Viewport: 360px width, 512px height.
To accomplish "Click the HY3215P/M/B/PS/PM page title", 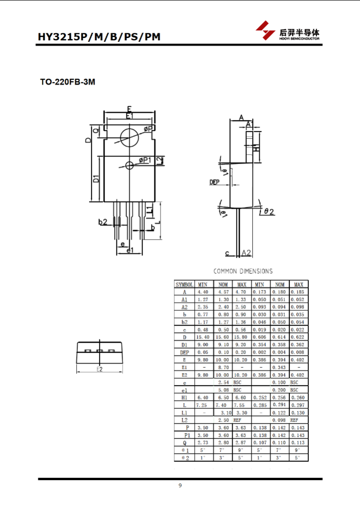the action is (99, 37).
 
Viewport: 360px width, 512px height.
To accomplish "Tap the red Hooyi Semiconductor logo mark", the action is (265, 30).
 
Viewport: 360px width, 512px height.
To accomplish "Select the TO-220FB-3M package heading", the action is (67, 82).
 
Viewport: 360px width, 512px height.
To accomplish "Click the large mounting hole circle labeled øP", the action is (129, 138).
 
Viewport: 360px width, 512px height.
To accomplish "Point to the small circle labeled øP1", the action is (129, 165).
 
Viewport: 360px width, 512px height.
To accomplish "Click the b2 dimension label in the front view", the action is (103, 222).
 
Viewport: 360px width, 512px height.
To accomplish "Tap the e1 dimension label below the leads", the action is (130, 250).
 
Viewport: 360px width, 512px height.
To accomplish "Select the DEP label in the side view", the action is (214, 182).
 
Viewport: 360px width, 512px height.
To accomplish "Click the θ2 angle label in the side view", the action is (269, 212).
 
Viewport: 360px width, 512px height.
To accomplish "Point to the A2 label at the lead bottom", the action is (246, 252).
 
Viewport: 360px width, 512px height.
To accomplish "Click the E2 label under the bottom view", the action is (100, 369).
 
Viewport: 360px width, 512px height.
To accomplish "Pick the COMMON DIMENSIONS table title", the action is (243, 271).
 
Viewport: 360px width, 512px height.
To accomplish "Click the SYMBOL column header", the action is (184, 284).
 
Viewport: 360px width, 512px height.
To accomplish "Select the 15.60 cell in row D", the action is (222, 337).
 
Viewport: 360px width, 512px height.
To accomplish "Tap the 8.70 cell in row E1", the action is (223, 367).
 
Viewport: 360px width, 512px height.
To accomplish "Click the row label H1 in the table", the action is (185, 397).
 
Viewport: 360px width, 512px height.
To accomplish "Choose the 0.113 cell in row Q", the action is (298, 443).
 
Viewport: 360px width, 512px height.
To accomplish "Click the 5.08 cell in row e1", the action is (224, 390).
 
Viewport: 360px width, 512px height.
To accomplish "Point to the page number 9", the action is (180, 485).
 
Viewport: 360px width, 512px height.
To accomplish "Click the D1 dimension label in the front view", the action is (96, 179).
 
